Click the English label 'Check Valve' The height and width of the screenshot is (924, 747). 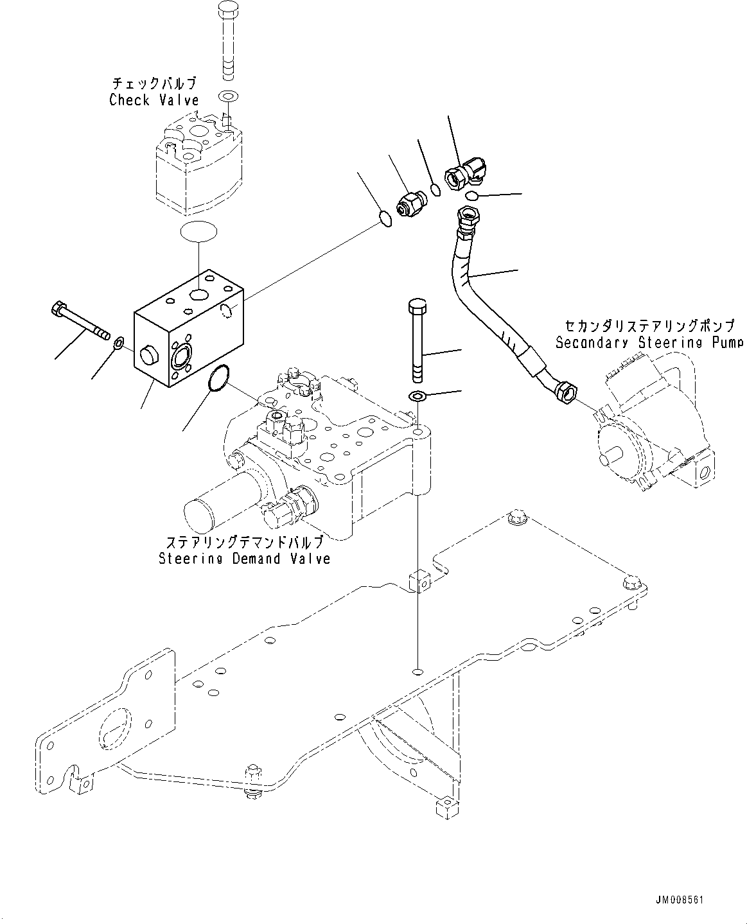(x=154, y=100)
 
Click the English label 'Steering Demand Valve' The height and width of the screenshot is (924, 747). (x=245, y=559)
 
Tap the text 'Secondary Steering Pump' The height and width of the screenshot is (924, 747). (x=649, y=342)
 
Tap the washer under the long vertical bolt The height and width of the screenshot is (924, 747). (x=417, y=395)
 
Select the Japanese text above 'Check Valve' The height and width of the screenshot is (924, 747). (x=154, y=83)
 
